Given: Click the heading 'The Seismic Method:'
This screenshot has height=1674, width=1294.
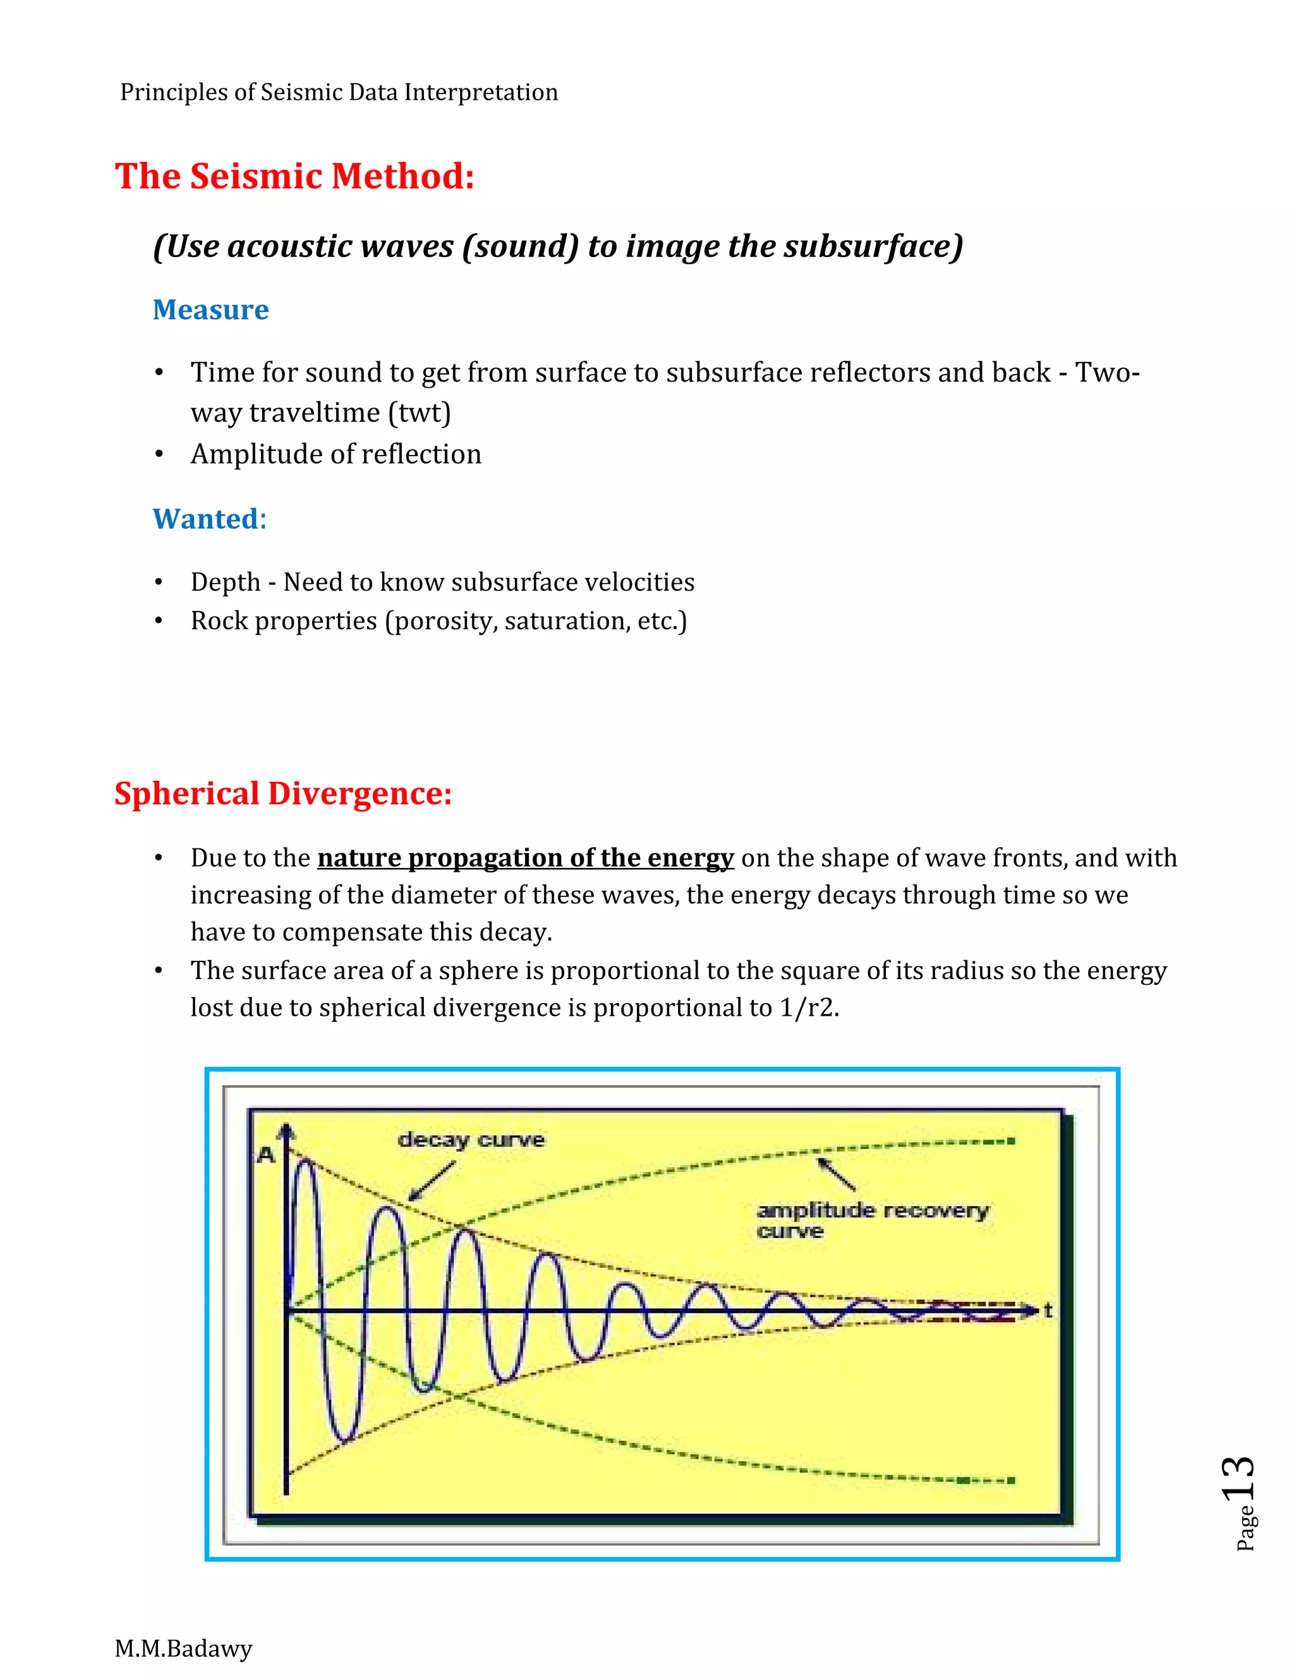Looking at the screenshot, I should [x=294, y=176].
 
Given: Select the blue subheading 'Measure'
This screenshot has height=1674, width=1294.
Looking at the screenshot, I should [x=211, y=310].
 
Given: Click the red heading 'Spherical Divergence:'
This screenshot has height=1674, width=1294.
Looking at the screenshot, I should [x=283, y=793].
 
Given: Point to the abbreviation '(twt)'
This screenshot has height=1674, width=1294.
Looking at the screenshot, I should [x=420, y=412].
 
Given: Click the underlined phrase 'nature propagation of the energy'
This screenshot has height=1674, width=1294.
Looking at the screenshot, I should [x=525, y=858].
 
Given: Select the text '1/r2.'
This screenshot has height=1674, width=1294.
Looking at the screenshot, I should [x=809, y=1007].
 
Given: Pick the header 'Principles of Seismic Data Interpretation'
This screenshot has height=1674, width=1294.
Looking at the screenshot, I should [x=339, y=92].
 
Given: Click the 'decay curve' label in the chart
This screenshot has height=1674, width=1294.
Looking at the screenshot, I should [x=471, y=1140].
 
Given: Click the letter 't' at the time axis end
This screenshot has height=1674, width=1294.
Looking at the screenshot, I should [x=1048, y=1310].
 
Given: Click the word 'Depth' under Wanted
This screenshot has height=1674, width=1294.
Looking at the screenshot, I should [x=226, y=582].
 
